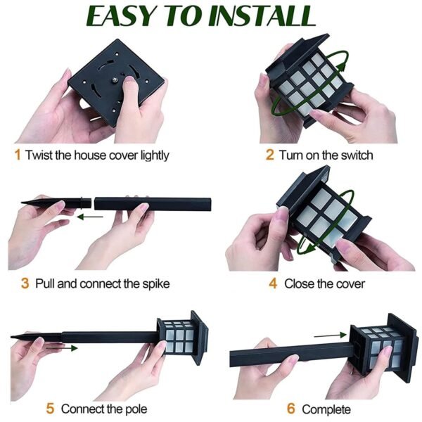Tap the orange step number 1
coord(18,155)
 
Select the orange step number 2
coord(269,155)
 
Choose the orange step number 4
coord(273,283)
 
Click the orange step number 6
coord(290,409)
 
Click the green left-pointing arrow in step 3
coord(89,217)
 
